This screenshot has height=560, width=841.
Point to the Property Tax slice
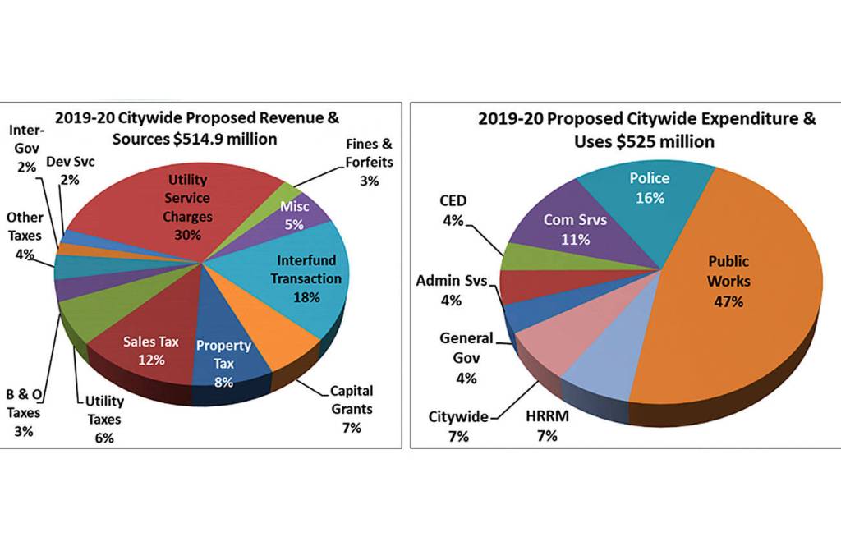pyautogui.click(x=223, y=361)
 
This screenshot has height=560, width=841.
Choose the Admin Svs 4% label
pyautogui.click(x=451, y=290)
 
